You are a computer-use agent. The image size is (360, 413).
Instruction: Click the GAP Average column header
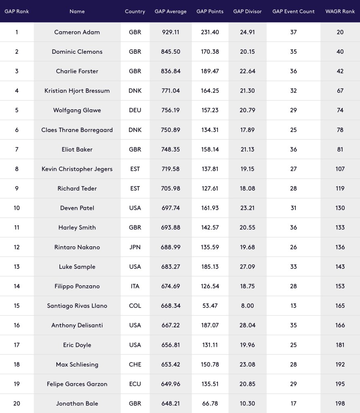click(x=171, y=11)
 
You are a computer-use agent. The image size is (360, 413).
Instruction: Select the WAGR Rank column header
click(x=340, y=11)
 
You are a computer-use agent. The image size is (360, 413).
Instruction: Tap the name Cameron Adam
click(x=77, y=32)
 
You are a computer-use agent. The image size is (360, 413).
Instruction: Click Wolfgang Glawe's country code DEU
click(x=135, y=110)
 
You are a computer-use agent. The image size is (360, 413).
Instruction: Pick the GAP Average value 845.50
click(x=171, y=52)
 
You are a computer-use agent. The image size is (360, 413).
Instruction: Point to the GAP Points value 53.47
click(x=210, y=306)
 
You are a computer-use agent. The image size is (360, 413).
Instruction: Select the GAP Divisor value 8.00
click(x=247, y=306)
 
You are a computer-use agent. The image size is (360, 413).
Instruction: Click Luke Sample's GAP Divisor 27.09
click(x=247, y=266)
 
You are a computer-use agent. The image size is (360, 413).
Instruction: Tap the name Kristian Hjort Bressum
click(x=77, y=91)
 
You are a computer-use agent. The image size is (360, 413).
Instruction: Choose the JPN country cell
click(x=135, y=247)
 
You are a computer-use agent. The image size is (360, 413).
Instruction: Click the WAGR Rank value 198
click(x=340, y=403)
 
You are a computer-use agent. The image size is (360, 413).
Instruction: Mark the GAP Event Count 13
click(x=293, y=306)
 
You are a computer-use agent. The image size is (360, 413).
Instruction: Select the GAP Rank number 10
click(x=17, y=208)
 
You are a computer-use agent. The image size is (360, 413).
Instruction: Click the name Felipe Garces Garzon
click(x=77, y=384)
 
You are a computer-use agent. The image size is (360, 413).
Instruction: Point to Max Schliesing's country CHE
click(x=135, y=365)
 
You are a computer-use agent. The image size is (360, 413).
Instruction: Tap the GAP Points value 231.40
click(x=210, y=32)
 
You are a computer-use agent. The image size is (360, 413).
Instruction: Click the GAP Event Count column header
click(x=293, y=11)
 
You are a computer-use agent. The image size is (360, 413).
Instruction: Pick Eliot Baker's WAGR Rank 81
click(x=340, y=149)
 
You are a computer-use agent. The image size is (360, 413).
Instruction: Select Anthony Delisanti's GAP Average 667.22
click(x=171, y=325)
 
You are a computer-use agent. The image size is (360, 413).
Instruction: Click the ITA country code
click(x=135, y=286)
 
